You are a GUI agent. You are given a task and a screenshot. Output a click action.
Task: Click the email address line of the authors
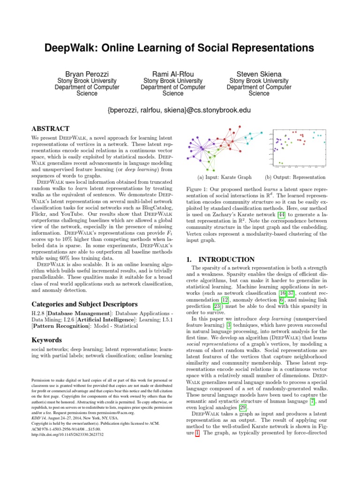[x=180, y=111]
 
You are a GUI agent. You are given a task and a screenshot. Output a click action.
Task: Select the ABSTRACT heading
[x=50, y=128]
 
